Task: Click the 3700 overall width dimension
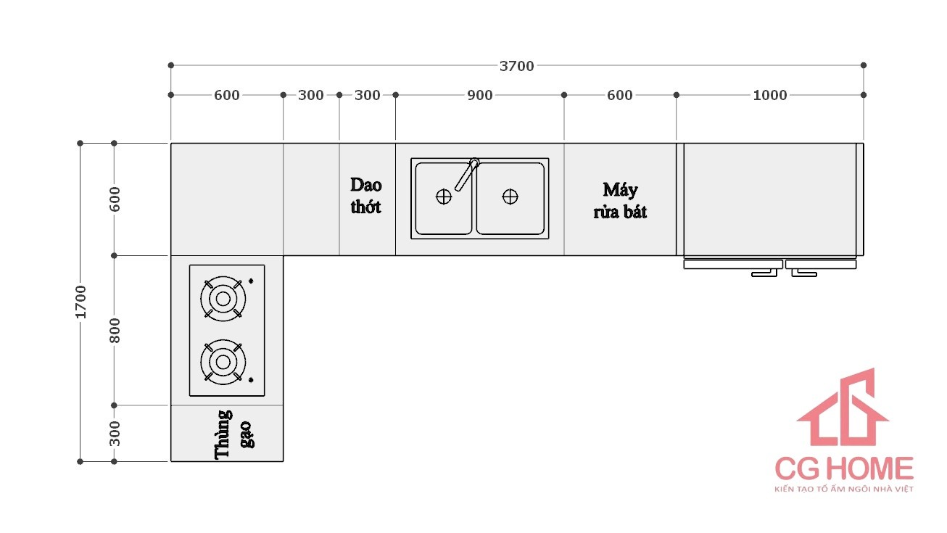(516, 66)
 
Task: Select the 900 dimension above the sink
(479, 95)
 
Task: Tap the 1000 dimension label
(769, 95)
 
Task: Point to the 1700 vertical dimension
(80, 301)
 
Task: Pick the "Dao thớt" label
(366, 196)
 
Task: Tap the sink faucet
(467, 173)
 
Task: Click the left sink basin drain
(444, 197)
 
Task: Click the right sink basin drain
(510, 197)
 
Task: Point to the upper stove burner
(223, 298)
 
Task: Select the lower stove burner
(223, 361)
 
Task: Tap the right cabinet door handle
(803, 273)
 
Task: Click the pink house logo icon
(843, 409)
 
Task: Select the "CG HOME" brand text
(843, 468)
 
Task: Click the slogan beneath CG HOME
(843, 489)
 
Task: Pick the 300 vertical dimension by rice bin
(115, 433)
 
